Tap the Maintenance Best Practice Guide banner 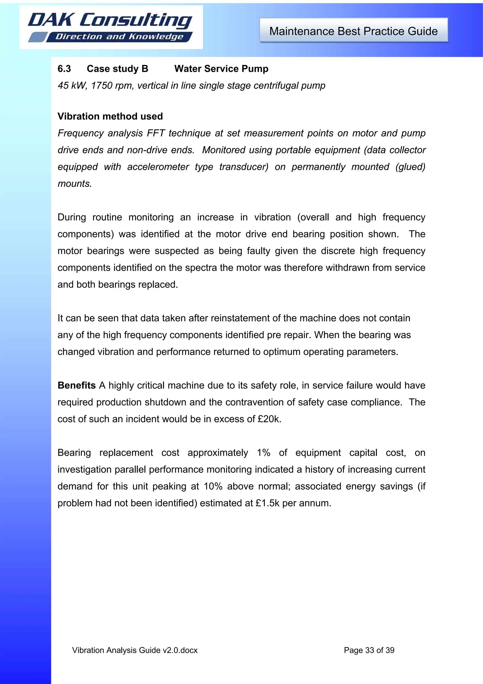pyautogui.click(x=354, y=31)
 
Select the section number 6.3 pyautogui.click(x=64, y=69)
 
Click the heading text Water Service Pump pyautogui.click(x=221, y=69)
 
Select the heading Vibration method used pyautogui.click(x=110, y=116)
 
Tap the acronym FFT pyautogui.click(x=156, y=133)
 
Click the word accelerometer pyautogui.click(x=158, y=167)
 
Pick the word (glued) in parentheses pyautogui.click(x=410, y=167)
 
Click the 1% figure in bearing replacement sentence pyautogui.click(x=263, y=453)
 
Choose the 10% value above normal pyautogui.click(x=213, y=486)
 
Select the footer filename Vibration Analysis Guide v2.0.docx pyautogui.click(x=135, y=650)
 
